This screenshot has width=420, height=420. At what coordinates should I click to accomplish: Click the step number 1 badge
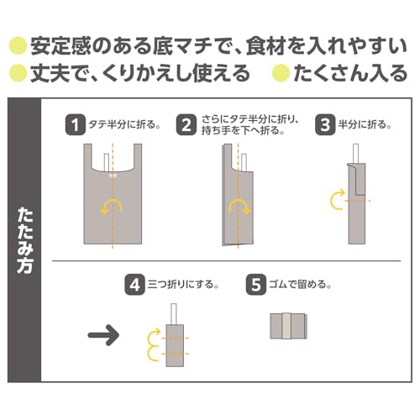(x=76, y=125)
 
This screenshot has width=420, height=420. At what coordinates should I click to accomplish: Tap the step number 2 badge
(x=186, y=125)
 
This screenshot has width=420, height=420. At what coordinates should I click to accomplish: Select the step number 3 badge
(x=323, y=125)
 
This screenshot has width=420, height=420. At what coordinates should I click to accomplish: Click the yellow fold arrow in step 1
(x=111, y=207)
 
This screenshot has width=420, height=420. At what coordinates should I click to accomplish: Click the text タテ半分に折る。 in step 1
(x=121, y=125)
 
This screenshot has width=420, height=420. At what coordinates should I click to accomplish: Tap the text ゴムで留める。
(x=298, y=284)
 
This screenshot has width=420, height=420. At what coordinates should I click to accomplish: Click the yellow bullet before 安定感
(x=15, y=45)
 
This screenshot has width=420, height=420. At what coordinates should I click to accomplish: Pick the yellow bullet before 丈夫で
(x=15, y=74)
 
